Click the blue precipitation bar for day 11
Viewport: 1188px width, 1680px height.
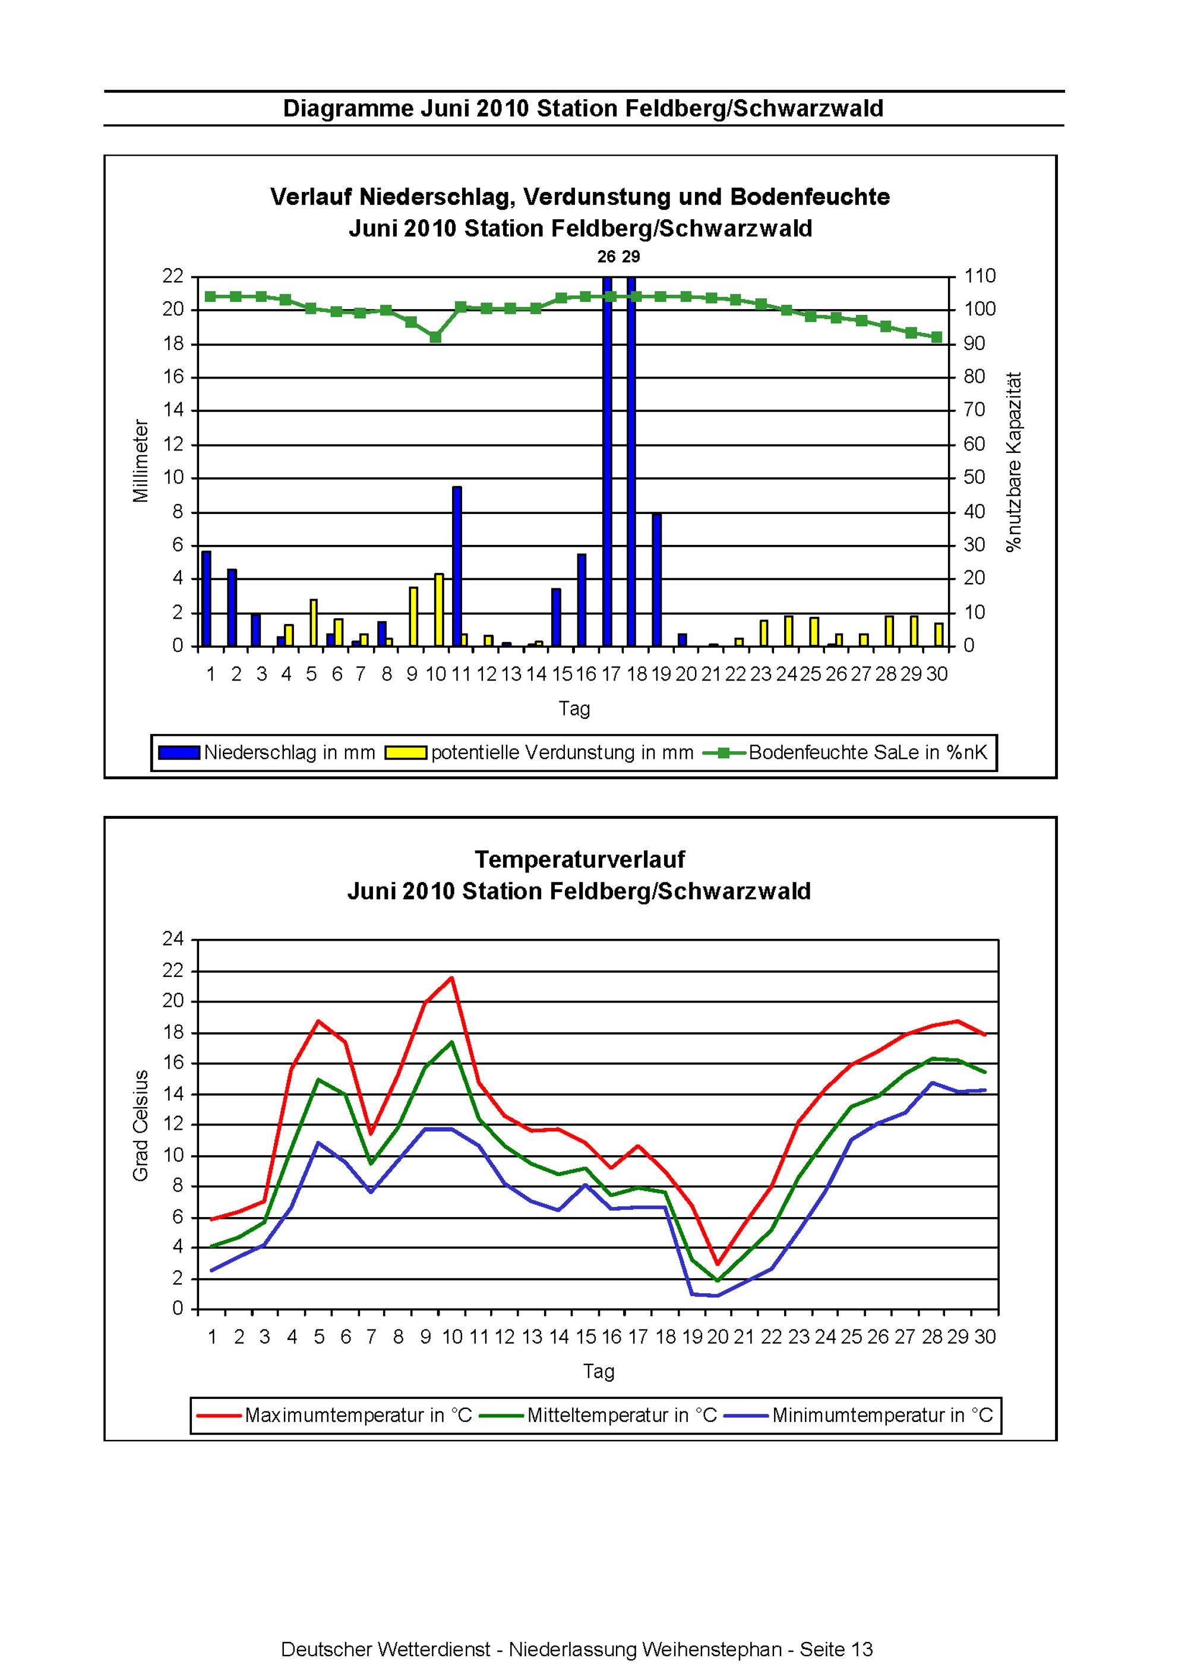pos(456,566)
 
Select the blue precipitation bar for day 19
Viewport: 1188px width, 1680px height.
pos(656,580)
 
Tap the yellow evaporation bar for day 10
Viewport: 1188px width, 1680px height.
pos(439,610)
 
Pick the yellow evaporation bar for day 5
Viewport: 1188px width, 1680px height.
pos(314,623)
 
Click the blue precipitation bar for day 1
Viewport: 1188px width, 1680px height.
pos(206,598)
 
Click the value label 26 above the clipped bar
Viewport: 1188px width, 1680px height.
pos(606,257)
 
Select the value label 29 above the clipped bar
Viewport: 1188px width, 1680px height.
pos(631,257)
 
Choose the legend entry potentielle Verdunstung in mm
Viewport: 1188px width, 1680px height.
pos(540,752)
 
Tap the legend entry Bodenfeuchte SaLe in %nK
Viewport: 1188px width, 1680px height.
pos(846,752)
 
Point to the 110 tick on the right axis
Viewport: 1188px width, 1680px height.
pos(980,276)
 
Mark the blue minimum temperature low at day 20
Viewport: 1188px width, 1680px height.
pos(718,1296)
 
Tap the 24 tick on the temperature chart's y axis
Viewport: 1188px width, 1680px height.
pos(173,939)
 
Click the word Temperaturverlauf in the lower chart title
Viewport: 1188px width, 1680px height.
pos(579,859)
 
